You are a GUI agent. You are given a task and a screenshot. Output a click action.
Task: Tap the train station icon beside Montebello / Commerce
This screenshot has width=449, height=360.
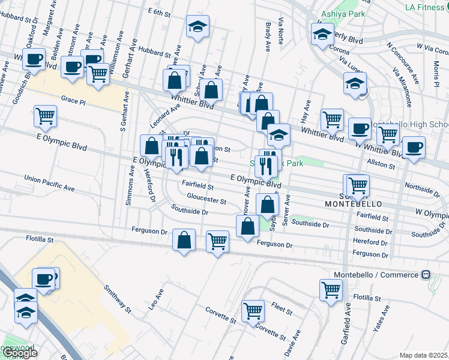coord(426,275)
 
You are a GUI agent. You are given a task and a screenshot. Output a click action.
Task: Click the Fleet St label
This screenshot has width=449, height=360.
coord(281,312)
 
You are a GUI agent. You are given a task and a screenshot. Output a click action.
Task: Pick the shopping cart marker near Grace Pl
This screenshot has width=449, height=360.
coord(45,115)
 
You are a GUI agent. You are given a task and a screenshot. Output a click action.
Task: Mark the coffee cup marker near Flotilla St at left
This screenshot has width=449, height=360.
coord(44,278)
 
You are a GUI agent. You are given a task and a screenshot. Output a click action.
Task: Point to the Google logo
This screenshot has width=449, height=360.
coord(19,353)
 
